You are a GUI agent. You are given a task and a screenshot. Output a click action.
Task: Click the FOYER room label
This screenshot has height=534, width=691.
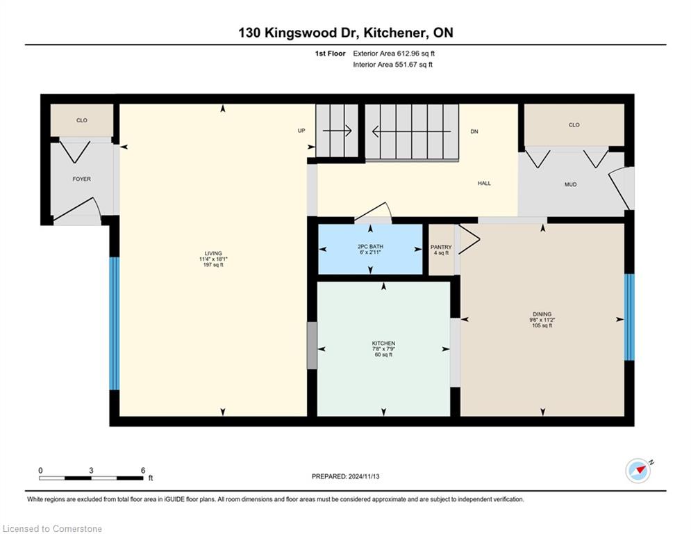(81, 179)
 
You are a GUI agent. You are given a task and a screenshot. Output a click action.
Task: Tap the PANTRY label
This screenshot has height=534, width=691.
(441, 247)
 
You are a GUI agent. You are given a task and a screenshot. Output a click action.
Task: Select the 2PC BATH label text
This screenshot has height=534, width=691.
(370, 246)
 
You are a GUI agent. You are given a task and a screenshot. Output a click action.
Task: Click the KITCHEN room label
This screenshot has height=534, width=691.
(383, 343)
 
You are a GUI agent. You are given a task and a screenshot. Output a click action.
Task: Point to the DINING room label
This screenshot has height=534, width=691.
(542, 314)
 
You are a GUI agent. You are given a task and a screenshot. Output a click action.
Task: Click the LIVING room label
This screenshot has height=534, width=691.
(213, 253)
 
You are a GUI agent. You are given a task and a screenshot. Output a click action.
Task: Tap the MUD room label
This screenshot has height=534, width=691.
(571, 184)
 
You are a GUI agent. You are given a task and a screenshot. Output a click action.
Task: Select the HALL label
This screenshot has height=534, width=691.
(484, 183)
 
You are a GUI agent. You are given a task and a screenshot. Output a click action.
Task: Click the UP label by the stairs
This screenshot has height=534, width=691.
(301, 131)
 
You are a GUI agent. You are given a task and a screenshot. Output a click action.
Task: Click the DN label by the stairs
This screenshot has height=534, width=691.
(474, 131)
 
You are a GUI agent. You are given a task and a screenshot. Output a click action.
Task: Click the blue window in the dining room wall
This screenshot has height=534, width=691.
(629, 317)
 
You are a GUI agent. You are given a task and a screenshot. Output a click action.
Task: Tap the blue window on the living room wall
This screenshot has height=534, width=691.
(114, 323)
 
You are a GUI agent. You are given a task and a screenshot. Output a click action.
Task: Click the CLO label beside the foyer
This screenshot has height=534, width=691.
(82, 120)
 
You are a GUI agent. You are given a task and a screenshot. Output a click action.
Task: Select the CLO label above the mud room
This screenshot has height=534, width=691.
(574, 125)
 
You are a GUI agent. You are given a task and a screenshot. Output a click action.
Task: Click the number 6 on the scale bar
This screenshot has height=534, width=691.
(143, 471)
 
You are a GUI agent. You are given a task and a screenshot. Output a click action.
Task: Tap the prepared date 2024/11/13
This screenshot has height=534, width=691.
(364, 476)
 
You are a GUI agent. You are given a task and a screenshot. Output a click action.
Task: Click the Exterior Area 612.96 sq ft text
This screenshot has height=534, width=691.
(394, 54)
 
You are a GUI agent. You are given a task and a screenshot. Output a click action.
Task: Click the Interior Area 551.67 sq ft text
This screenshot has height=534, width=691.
(392, 65)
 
